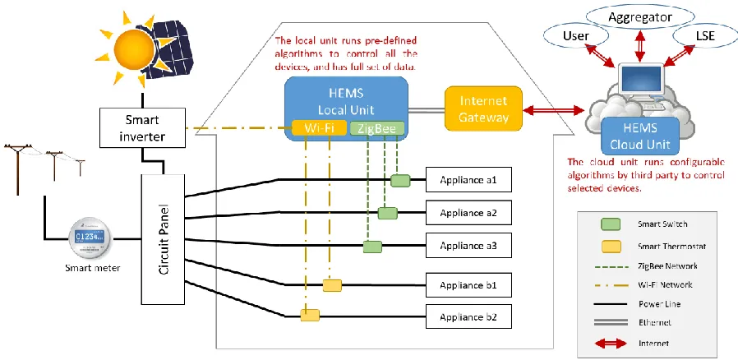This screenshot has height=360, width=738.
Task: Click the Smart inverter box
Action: coord(142,127)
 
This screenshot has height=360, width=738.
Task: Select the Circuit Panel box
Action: coord(164,239)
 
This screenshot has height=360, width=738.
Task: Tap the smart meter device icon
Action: coord(91,238)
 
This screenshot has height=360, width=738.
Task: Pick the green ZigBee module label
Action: coord(377,128)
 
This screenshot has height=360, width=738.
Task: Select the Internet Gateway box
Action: coord(484,108)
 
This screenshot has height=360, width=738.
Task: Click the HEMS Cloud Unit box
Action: coord(640,136)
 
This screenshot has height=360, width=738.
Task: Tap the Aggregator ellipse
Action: coord(640,18)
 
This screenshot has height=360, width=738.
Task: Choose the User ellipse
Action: coord(576,36)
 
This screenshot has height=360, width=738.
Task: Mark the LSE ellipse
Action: coord(704,36)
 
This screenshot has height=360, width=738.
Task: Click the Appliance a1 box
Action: coord(468,180)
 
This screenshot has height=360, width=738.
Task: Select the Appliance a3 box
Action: coord(468,246)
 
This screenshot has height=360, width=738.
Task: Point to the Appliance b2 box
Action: coord(468,316)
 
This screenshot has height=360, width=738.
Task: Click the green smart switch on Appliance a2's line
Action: coord(387,213)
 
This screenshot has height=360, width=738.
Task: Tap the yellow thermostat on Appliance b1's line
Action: coord(332,285)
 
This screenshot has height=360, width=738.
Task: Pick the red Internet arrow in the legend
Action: coord(611,343)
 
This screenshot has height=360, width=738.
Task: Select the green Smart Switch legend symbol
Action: coord(611,224)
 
